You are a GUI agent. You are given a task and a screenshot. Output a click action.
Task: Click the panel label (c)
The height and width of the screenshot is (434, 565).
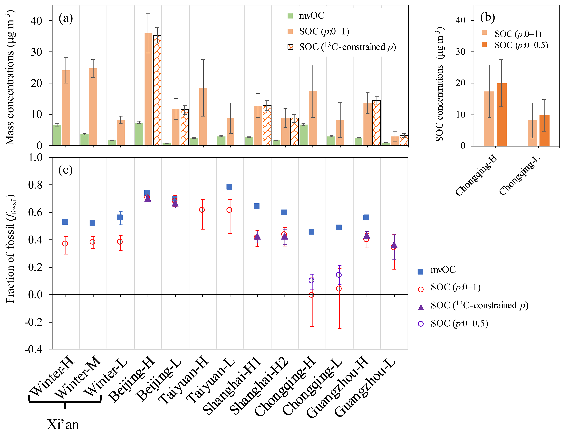65,170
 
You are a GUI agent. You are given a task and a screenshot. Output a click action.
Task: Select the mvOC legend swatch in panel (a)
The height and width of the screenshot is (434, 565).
290,16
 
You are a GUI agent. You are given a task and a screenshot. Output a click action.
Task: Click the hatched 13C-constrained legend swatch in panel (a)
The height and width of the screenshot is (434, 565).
290,47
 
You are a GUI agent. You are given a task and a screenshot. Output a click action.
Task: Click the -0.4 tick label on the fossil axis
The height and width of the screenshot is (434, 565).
33,349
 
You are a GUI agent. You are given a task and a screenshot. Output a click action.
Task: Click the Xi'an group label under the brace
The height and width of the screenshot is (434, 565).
63,424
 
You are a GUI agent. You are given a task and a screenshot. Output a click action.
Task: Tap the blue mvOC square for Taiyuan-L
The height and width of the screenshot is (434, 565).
229,187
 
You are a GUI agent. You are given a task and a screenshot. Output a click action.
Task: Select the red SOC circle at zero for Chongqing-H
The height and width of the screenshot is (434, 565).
311,295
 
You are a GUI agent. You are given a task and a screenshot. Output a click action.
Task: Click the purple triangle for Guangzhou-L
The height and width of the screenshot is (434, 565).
394,245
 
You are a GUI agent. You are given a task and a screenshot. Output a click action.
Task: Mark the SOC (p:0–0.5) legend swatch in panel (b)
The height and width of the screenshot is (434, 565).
484,45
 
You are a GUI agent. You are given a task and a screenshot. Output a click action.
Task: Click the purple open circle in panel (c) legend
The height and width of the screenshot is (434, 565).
421,324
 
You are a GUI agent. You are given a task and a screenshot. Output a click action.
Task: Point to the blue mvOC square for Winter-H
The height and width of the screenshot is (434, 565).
65,222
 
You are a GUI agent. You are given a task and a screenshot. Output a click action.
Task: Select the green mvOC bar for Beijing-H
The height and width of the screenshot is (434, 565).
139,134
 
